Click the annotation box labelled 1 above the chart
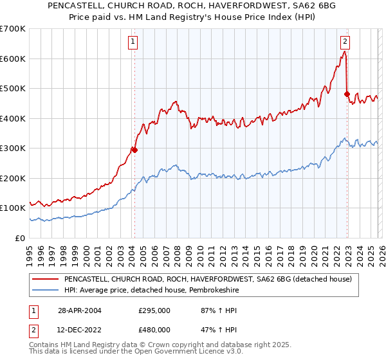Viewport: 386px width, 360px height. pyautogui.click(x=133, y=42)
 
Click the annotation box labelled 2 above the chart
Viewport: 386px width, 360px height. pyautogui.click(x=345, y=42)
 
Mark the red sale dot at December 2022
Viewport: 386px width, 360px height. pyautogui.click(x=347, y=94)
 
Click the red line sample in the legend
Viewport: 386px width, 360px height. pyautogui.click(x=45, y=280)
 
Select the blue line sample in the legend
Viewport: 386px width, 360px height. pyautogui.click(x=45, y=291)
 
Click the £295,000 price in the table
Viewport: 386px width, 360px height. pyautogui.click(x=154, y=310)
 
